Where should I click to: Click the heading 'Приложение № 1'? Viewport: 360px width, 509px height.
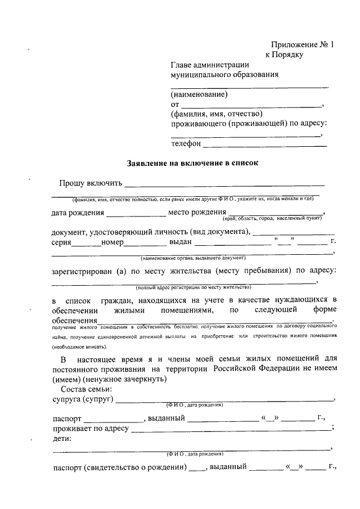[x=302, y=44]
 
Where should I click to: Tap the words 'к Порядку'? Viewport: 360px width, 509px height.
[x=284, y=55]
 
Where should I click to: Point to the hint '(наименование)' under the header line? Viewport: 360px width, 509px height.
[x=199, y=94]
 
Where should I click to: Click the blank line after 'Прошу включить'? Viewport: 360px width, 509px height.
[x=224, y=184]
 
